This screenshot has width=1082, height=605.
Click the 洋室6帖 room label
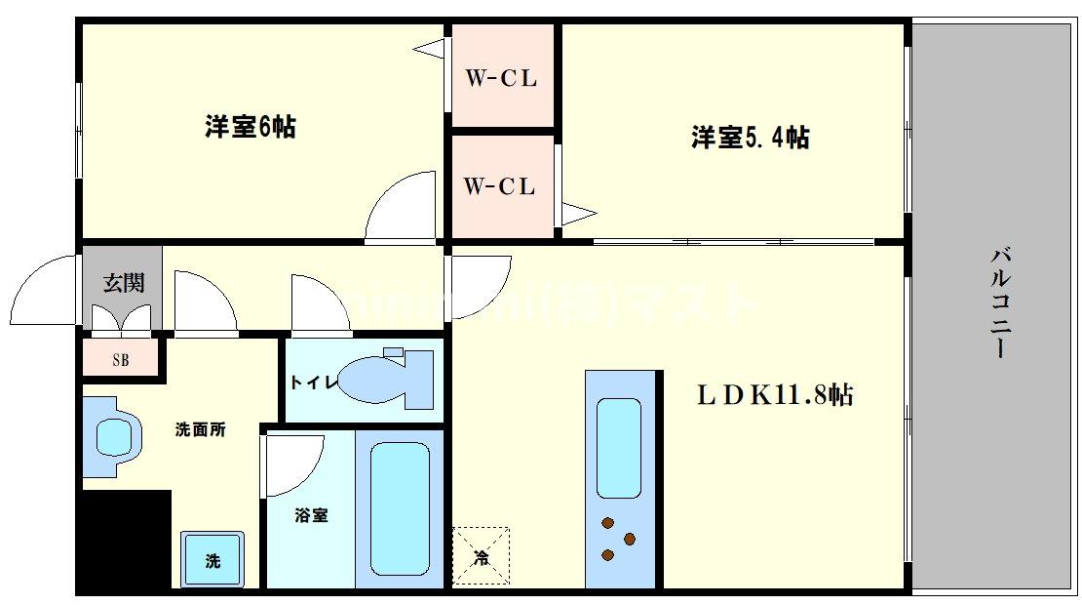coord(251,127)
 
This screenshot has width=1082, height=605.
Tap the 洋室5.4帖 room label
coord(750,138)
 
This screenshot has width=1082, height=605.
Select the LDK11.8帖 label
coord(775,395)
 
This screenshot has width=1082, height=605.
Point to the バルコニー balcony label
coord(1000,303)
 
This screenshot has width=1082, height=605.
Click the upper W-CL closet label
coord(500,79)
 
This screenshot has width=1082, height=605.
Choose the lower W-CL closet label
coord(500,186)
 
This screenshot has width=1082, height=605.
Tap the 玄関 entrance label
coord(124,283)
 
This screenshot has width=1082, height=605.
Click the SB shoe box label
coord(120,359)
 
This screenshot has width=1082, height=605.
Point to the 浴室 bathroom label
coord(311,515)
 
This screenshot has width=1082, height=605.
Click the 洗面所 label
coord(201,429)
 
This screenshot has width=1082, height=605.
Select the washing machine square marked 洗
coord(212,559)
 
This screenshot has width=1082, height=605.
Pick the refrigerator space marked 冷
coord(481,556)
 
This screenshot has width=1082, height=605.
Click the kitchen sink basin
coord(618,447)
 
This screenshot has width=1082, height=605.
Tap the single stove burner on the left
coord(607,555)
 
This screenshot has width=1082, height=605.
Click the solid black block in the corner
coord(124,541)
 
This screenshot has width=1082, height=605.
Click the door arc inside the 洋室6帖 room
coord(400,206)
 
